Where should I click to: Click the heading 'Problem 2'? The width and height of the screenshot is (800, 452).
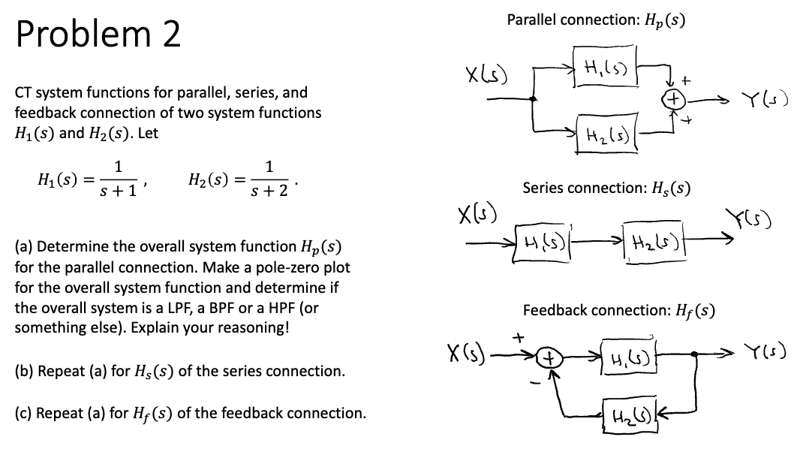(98, 35)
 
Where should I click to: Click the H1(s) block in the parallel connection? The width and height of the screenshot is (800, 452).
(605, 71)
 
